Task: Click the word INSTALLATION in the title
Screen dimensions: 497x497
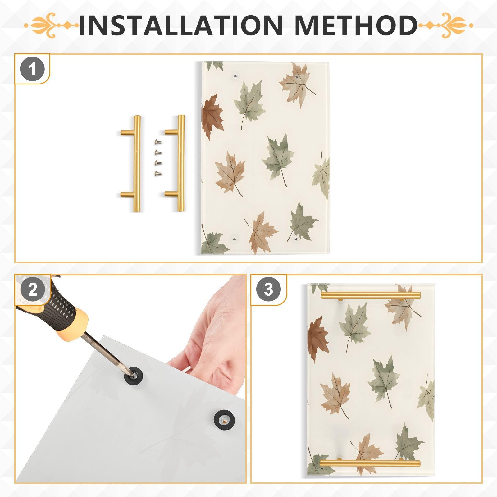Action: (x=180, y=25)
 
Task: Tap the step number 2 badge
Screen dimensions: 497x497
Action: (x=32, y=290)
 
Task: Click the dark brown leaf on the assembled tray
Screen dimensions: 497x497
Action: (x=317, y=339)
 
